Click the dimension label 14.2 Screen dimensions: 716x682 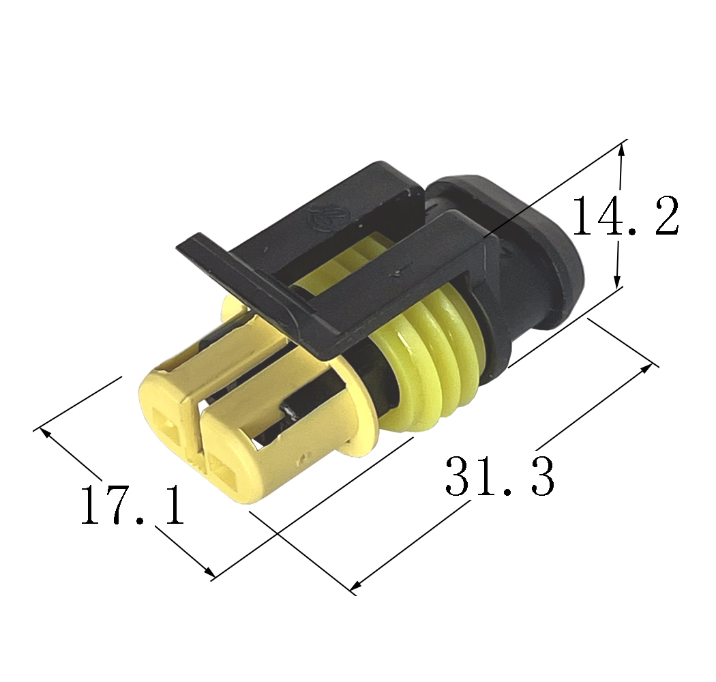click(x=625, y=215)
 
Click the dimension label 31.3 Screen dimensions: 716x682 click(x=499, y=475)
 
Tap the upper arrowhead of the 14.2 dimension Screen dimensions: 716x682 click(x=621, y=151)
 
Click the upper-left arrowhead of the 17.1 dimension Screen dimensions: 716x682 click(x=46, y=432)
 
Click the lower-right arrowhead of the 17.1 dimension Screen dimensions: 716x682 click(x=209, y=571)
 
